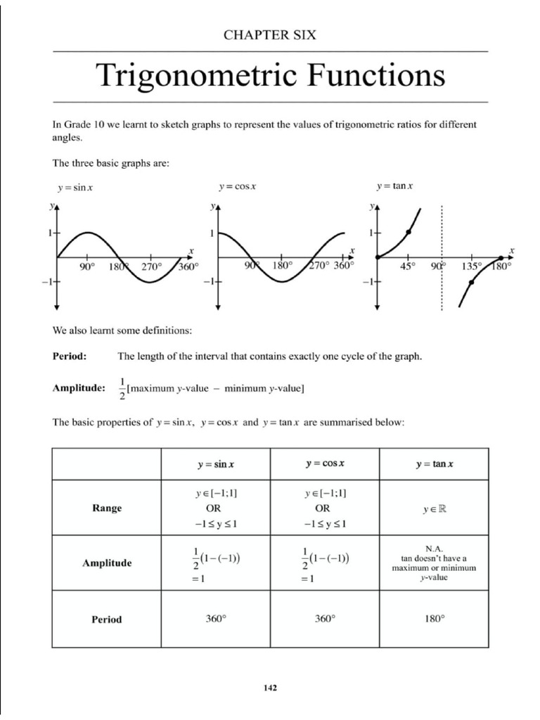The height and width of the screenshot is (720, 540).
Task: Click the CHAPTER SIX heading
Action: point(270,34)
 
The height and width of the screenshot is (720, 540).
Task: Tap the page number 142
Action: point(270,688)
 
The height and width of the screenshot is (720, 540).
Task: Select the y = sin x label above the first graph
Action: point(75,188)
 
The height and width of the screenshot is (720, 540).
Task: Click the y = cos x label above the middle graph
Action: point(237,186)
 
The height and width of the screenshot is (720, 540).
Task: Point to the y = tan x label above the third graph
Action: point(394,186)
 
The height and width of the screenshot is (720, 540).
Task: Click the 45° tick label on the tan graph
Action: point(409,267)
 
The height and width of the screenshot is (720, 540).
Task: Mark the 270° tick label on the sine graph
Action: point(151,267)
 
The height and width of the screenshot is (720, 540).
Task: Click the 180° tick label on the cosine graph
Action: point(282,266)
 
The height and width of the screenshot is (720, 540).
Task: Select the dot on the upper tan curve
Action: point(409,231)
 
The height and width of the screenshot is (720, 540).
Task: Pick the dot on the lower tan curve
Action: point(471,283)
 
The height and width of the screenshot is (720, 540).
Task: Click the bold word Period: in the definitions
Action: point(70,356)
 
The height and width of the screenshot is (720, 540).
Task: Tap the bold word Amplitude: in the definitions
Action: point(79,387)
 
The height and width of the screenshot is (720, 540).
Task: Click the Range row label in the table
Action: point(107,508)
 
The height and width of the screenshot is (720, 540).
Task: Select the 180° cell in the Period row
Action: point(434,619)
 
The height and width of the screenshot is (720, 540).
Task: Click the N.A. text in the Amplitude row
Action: point(434,548)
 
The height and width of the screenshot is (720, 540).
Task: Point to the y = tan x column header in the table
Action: point(434,465)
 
